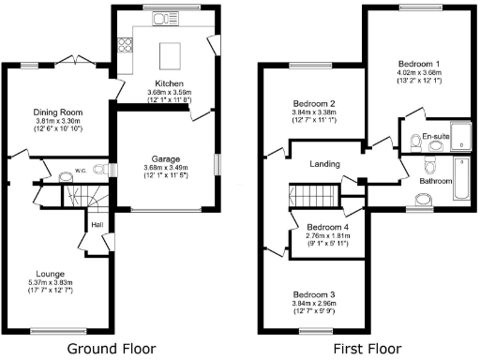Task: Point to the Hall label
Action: pyautogui.click(x=97, y=224)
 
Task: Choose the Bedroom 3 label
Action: pyautogui.click(x=313, y=294)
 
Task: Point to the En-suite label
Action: pyautogui.click(x=435, y=137)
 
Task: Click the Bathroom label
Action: pyautogui.click(x=436, y=181)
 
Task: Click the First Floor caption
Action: pyautogui.click(x=367, y=348)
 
